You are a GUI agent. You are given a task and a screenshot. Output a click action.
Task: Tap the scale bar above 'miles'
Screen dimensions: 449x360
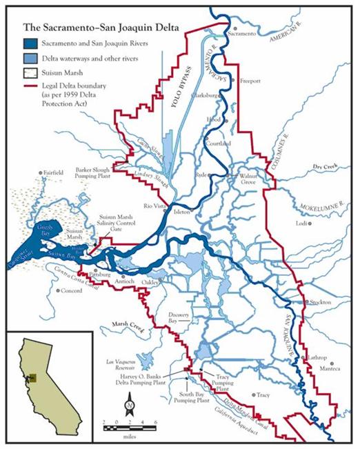[130, 427]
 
